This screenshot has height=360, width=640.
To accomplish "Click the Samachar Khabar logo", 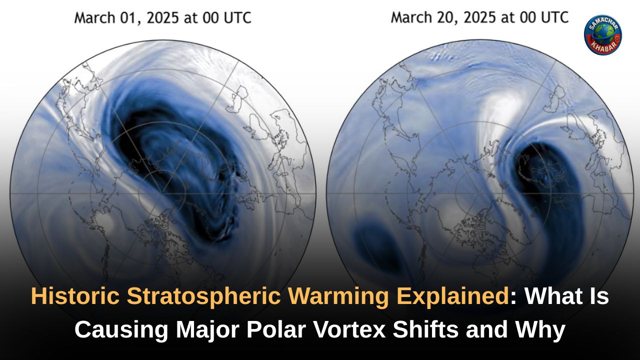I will tap(602, 34).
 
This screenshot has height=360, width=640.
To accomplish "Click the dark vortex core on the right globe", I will tap(542, 175).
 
